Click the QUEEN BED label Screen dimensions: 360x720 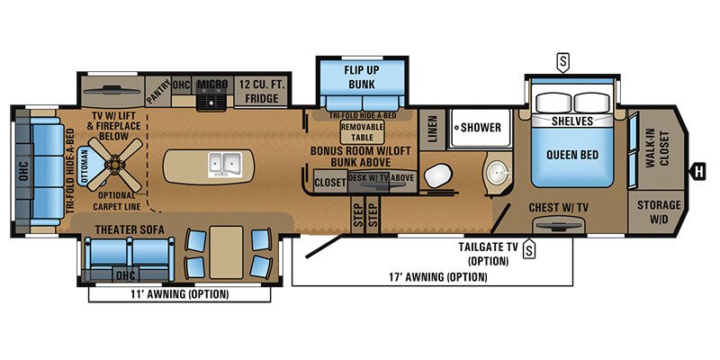(571, 154)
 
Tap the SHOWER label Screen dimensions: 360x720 (481, 127)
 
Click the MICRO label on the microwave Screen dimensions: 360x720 (212, 85)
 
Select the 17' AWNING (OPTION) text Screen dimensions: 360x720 (434, 277)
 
